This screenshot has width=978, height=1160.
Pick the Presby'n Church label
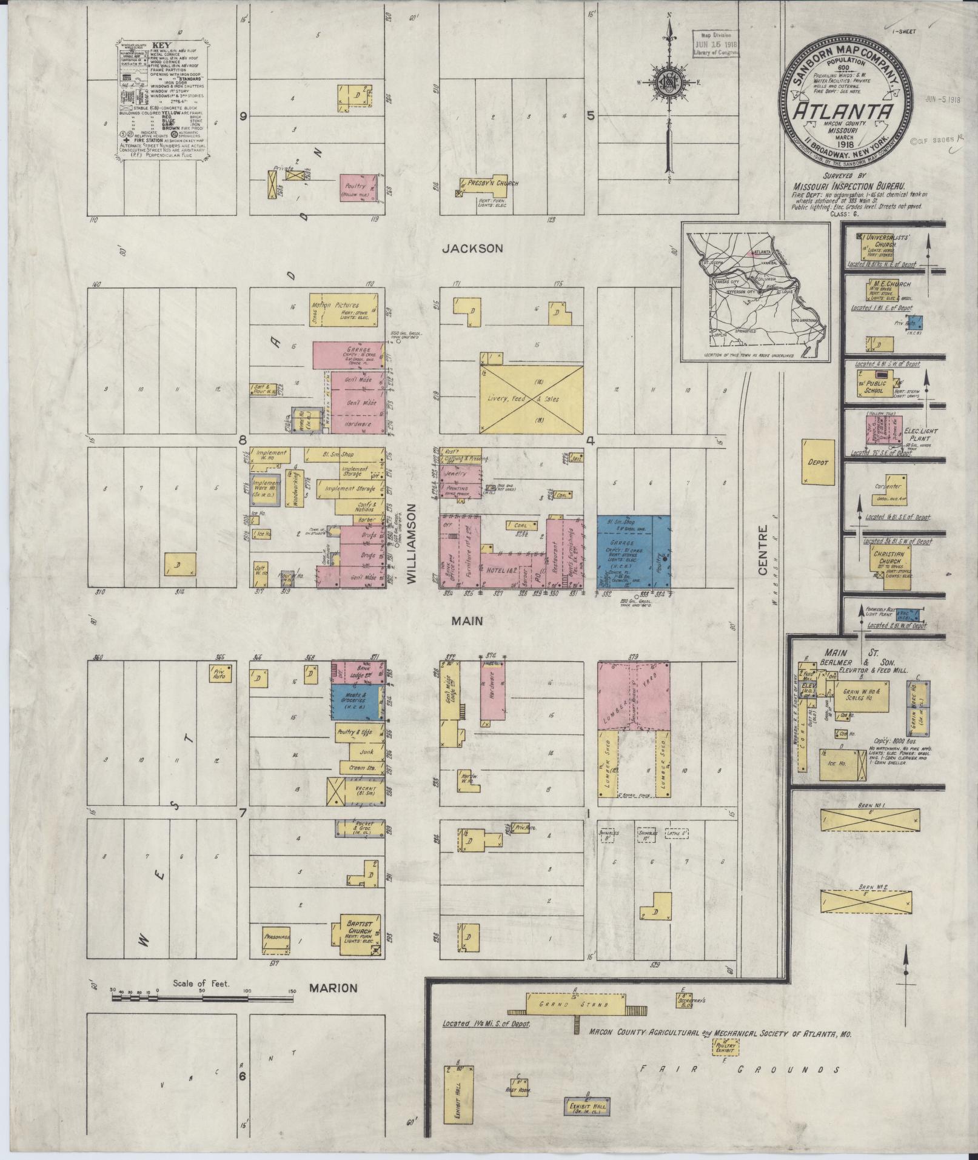point(492,183)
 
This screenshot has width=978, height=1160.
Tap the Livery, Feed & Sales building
point(531,399)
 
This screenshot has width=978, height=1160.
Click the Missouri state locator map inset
point(756,291)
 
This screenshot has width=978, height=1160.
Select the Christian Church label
point(889,558)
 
